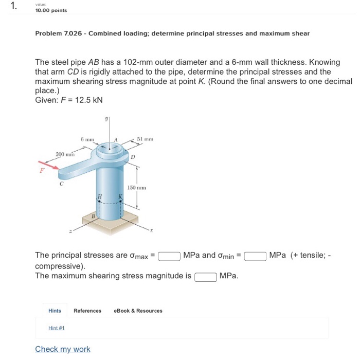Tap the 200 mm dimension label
pos(65,154)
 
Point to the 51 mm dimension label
pos(146,139)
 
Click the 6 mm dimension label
pos(87,139)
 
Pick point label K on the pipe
pos(120,197)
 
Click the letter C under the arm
pos(61,183)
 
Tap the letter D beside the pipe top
pos(133,156)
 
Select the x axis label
pos(152,231)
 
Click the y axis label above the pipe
pos(107,118)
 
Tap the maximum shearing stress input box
pos(205,277)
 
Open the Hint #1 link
pos(57,328)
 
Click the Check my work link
pos(62,349)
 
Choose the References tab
pos(87,311)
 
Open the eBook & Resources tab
pos(138,311)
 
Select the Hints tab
pos(55,311)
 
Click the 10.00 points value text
pos(51,10)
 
